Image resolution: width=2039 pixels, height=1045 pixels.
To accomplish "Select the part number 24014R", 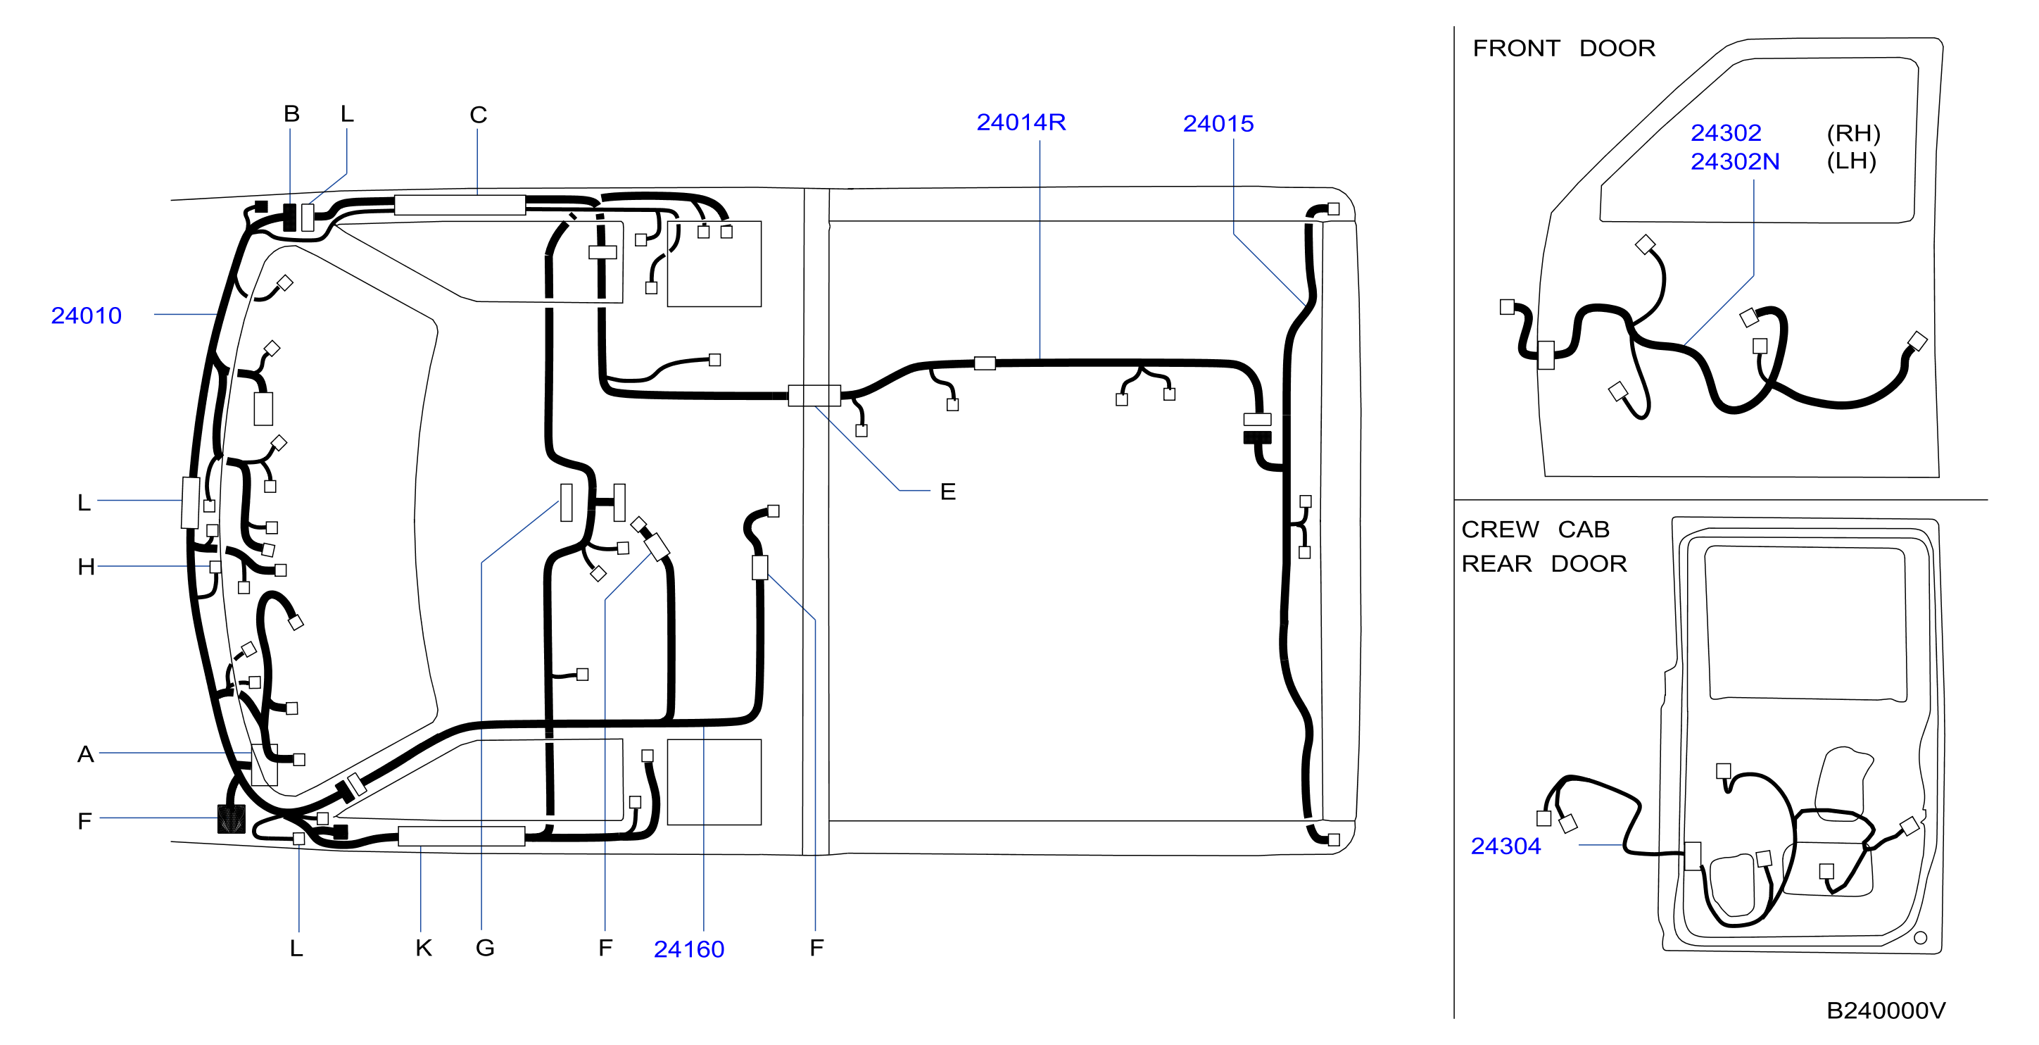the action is point(1021,123).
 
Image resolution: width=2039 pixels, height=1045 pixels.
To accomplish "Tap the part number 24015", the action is point(1218,123).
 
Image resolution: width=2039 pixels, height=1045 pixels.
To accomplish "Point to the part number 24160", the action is point(688,949).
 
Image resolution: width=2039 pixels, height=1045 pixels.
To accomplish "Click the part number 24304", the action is point(1505,846).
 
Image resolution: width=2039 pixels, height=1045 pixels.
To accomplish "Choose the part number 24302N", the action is point(1735,161).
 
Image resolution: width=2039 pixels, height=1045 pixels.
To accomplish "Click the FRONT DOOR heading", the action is point(1564,49).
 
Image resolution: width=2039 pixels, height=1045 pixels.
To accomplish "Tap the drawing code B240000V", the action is point(1886,1011).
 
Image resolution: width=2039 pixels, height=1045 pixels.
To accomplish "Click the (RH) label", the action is point(1854,133).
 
